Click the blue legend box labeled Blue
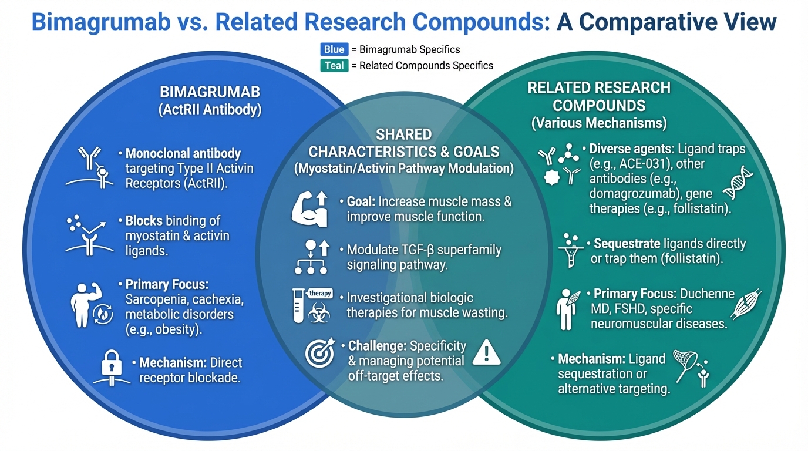pos(334,49)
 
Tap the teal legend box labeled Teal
pos(334,65)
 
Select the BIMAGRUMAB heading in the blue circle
pos(210,93)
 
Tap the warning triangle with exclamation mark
pos(486,352)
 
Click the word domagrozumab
pos(632,194)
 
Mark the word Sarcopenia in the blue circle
pos(154,299)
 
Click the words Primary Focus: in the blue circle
pos(167,285)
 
